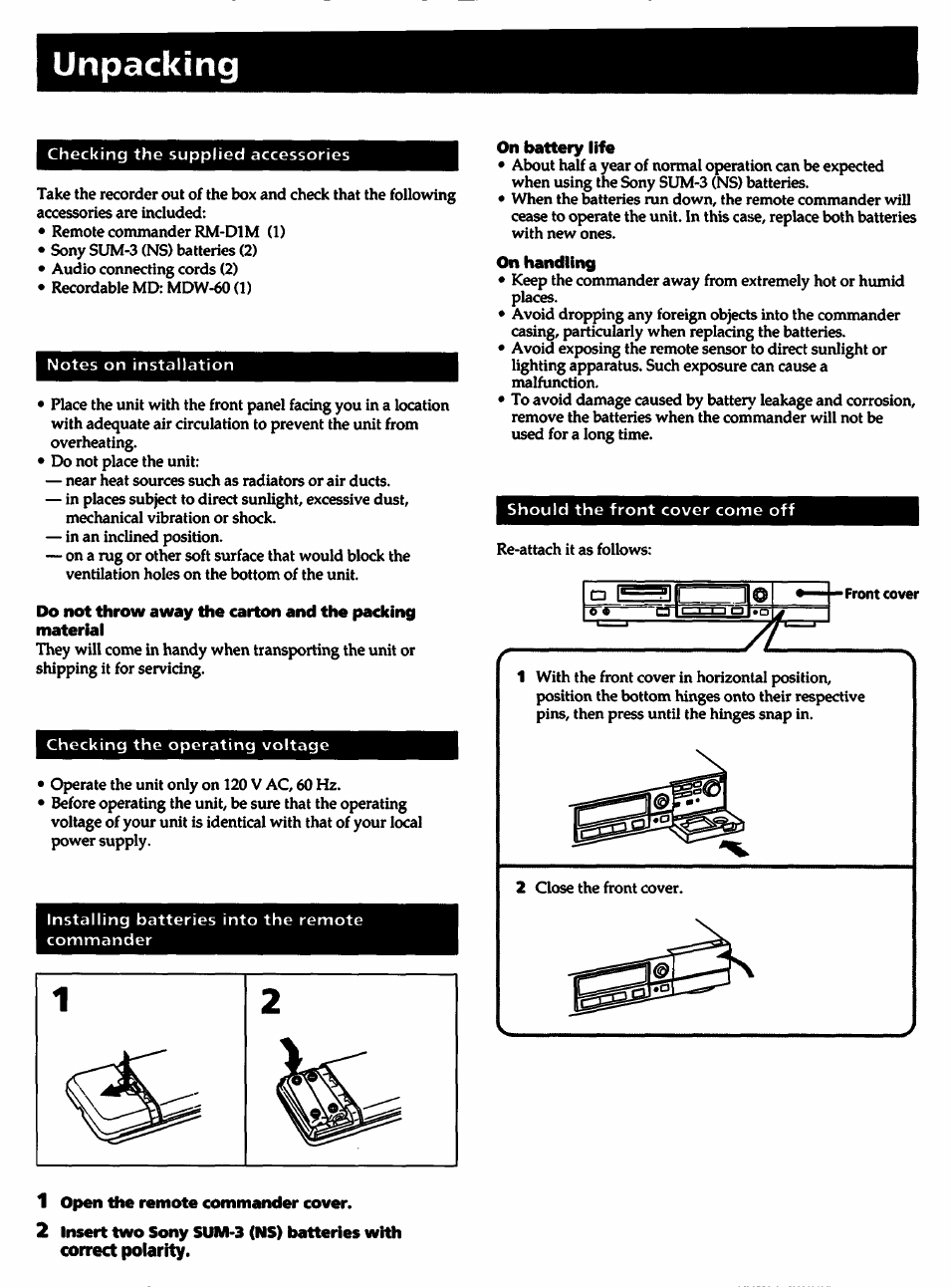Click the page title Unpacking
146,66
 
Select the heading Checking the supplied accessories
198,154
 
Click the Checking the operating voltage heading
187,745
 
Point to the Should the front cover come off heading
651,510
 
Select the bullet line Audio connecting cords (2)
143,269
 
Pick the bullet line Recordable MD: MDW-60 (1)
150,288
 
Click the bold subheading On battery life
555,147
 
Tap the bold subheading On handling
546,263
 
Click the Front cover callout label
880,595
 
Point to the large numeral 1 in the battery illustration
62,1000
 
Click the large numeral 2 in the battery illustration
269,1000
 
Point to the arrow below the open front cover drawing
732,848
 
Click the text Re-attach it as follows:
574,550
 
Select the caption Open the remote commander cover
205,1202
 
